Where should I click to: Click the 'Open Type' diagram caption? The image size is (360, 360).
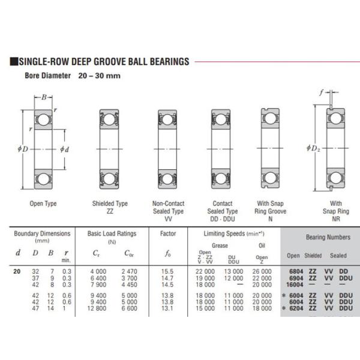(43, 203)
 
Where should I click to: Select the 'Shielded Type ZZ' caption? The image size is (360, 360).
(110, 207)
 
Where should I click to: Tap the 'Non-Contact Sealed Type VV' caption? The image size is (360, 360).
(169, 207)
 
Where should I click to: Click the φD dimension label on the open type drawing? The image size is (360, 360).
(25, 148)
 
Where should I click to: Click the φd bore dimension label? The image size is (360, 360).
(64, 149)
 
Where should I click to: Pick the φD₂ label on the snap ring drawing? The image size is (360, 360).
(313, 148)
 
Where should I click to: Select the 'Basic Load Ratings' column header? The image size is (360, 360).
(112, 233)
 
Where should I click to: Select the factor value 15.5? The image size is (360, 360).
(168, 271)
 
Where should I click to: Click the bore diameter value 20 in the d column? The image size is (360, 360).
(17, 271)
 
